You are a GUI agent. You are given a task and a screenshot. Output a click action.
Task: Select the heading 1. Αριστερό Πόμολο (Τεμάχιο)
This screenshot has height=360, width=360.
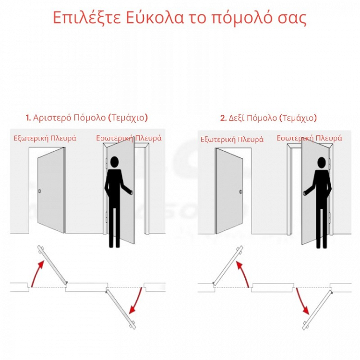[x=87, y=118]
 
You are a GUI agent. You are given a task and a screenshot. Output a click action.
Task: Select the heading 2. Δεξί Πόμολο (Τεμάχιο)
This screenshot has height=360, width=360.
[x=268, y=118]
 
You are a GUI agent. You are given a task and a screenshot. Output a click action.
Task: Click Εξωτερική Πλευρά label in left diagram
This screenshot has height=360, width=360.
[x=45, y=138]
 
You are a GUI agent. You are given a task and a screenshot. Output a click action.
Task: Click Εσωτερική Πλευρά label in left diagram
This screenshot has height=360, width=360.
[x=129, y=138]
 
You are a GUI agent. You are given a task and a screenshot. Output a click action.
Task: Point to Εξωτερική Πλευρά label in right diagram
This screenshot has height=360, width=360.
[x=232, y=140]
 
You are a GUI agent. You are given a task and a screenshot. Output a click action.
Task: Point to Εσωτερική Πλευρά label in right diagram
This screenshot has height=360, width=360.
[x=309, y=138]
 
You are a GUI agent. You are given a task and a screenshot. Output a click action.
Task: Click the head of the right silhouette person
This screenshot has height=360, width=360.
[x=322, y=162]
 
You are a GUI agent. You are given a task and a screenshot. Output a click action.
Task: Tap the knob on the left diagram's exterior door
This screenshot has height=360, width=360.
[x=40, y=192]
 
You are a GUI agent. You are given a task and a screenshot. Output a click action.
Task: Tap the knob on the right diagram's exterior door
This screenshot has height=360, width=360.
[x=240, y=192]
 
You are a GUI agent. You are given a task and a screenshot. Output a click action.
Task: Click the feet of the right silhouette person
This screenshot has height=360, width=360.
[x=322, y=245]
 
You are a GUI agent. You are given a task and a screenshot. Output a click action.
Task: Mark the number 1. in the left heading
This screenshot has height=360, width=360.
[x=28, y=118]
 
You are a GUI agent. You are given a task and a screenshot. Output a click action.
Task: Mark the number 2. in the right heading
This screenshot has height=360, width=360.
[x=223, y=118]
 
